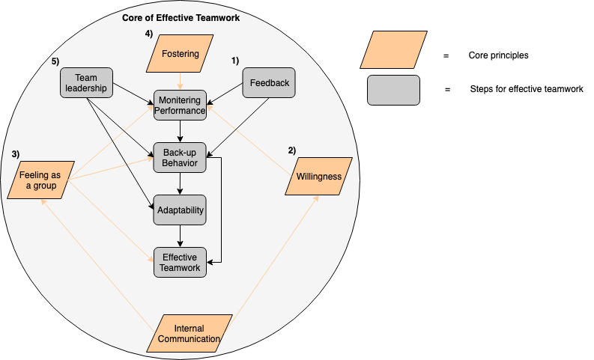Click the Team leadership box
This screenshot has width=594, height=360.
point(86,82)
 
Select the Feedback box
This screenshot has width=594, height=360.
point(269,82)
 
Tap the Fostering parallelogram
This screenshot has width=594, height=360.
point(180,55)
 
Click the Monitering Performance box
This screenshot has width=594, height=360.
point(180,105)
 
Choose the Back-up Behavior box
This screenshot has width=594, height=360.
point(180,158)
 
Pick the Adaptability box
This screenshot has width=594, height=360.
point(180,210)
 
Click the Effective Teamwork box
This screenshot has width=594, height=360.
point(180,262)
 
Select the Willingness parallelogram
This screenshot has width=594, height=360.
point(318,177)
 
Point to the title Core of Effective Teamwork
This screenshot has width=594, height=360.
point(181,17)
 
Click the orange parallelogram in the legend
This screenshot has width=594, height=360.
point(393,49)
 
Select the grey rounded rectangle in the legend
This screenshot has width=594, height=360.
point(393,90)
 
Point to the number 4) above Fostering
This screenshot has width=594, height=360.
point(149,33)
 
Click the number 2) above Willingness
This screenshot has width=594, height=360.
point(292,150)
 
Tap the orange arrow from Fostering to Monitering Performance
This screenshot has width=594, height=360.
point(180,81)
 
